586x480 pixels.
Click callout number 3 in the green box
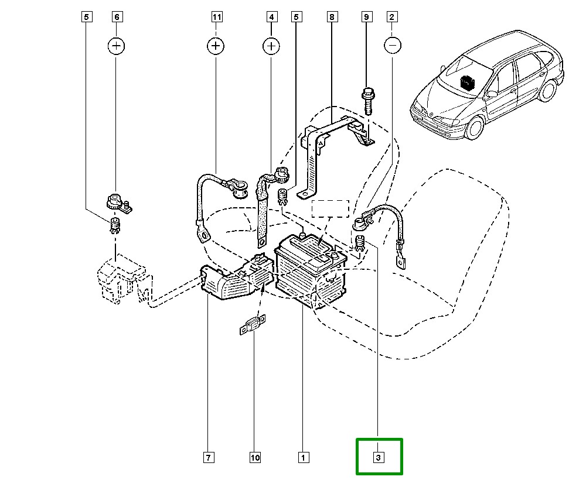pyautogui.click(x=379, y=457)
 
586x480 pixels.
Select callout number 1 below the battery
pyautogui.click(x=302, y=457)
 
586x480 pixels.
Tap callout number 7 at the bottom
pyautogui.click(x=208, y=457)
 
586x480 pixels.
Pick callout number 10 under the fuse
pyautogui.click(x=254, y=457)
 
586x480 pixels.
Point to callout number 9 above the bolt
pyautogui.click(x=367, y=17)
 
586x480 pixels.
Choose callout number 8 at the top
pyautogui.click(x=332, y=17)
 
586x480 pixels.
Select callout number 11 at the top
pyautogui.click(x=217, y=17)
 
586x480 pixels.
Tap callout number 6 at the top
pyautogui.click(x=116, y=17)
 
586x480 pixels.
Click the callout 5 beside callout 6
pyautogui.click(x=86, y=17)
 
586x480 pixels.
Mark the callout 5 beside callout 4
pyautogui.click(x=296, y=17)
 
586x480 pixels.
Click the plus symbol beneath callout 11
pyautogui.click(x=217, y=45)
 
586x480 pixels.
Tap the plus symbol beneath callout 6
pyautogui.click(x=116, y=45)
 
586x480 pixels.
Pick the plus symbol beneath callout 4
pyautogui.click(x=271, y=45)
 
